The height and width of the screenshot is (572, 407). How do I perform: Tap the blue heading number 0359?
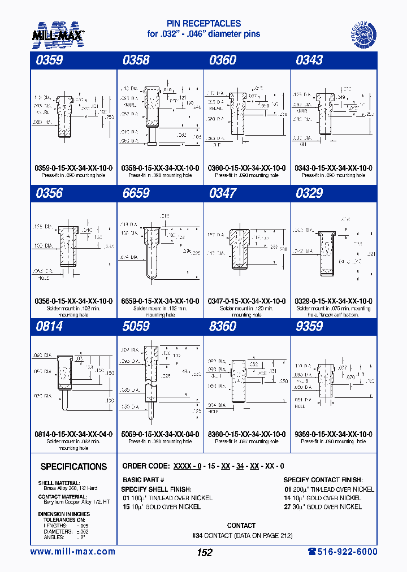(x=49, y=60)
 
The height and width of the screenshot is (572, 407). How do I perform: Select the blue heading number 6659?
(x=136, y=193)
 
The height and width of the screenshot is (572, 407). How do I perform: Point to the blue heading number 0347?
(x=223, y=193)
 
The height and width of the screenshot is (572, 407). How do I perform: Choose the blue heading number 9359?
(x=309, y=327)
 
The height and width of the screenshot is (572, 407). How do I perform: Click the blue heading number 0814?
(x=49, y=327)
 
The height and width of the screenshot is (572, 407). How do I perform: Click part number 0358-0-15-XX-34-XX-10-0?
(x=159, y=168)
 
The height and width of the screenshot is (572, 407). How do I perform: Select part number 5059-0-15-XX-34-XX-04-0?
(x=159, y=434)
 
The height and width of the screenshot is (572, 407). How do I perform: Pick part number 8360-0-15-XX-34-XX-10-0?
(x=246, y=434)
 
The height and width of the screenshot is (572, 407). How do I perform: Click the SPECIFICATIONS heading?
(x=73, y=467)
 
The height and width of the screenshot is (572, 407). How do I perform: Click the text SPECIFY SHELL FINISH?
(x=157, y=488)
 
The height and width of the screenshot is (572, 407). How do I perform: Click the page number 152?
(x=204, y=552)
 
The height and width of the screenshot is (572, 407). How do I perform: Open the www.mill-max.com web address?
(x=72, y=552)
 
